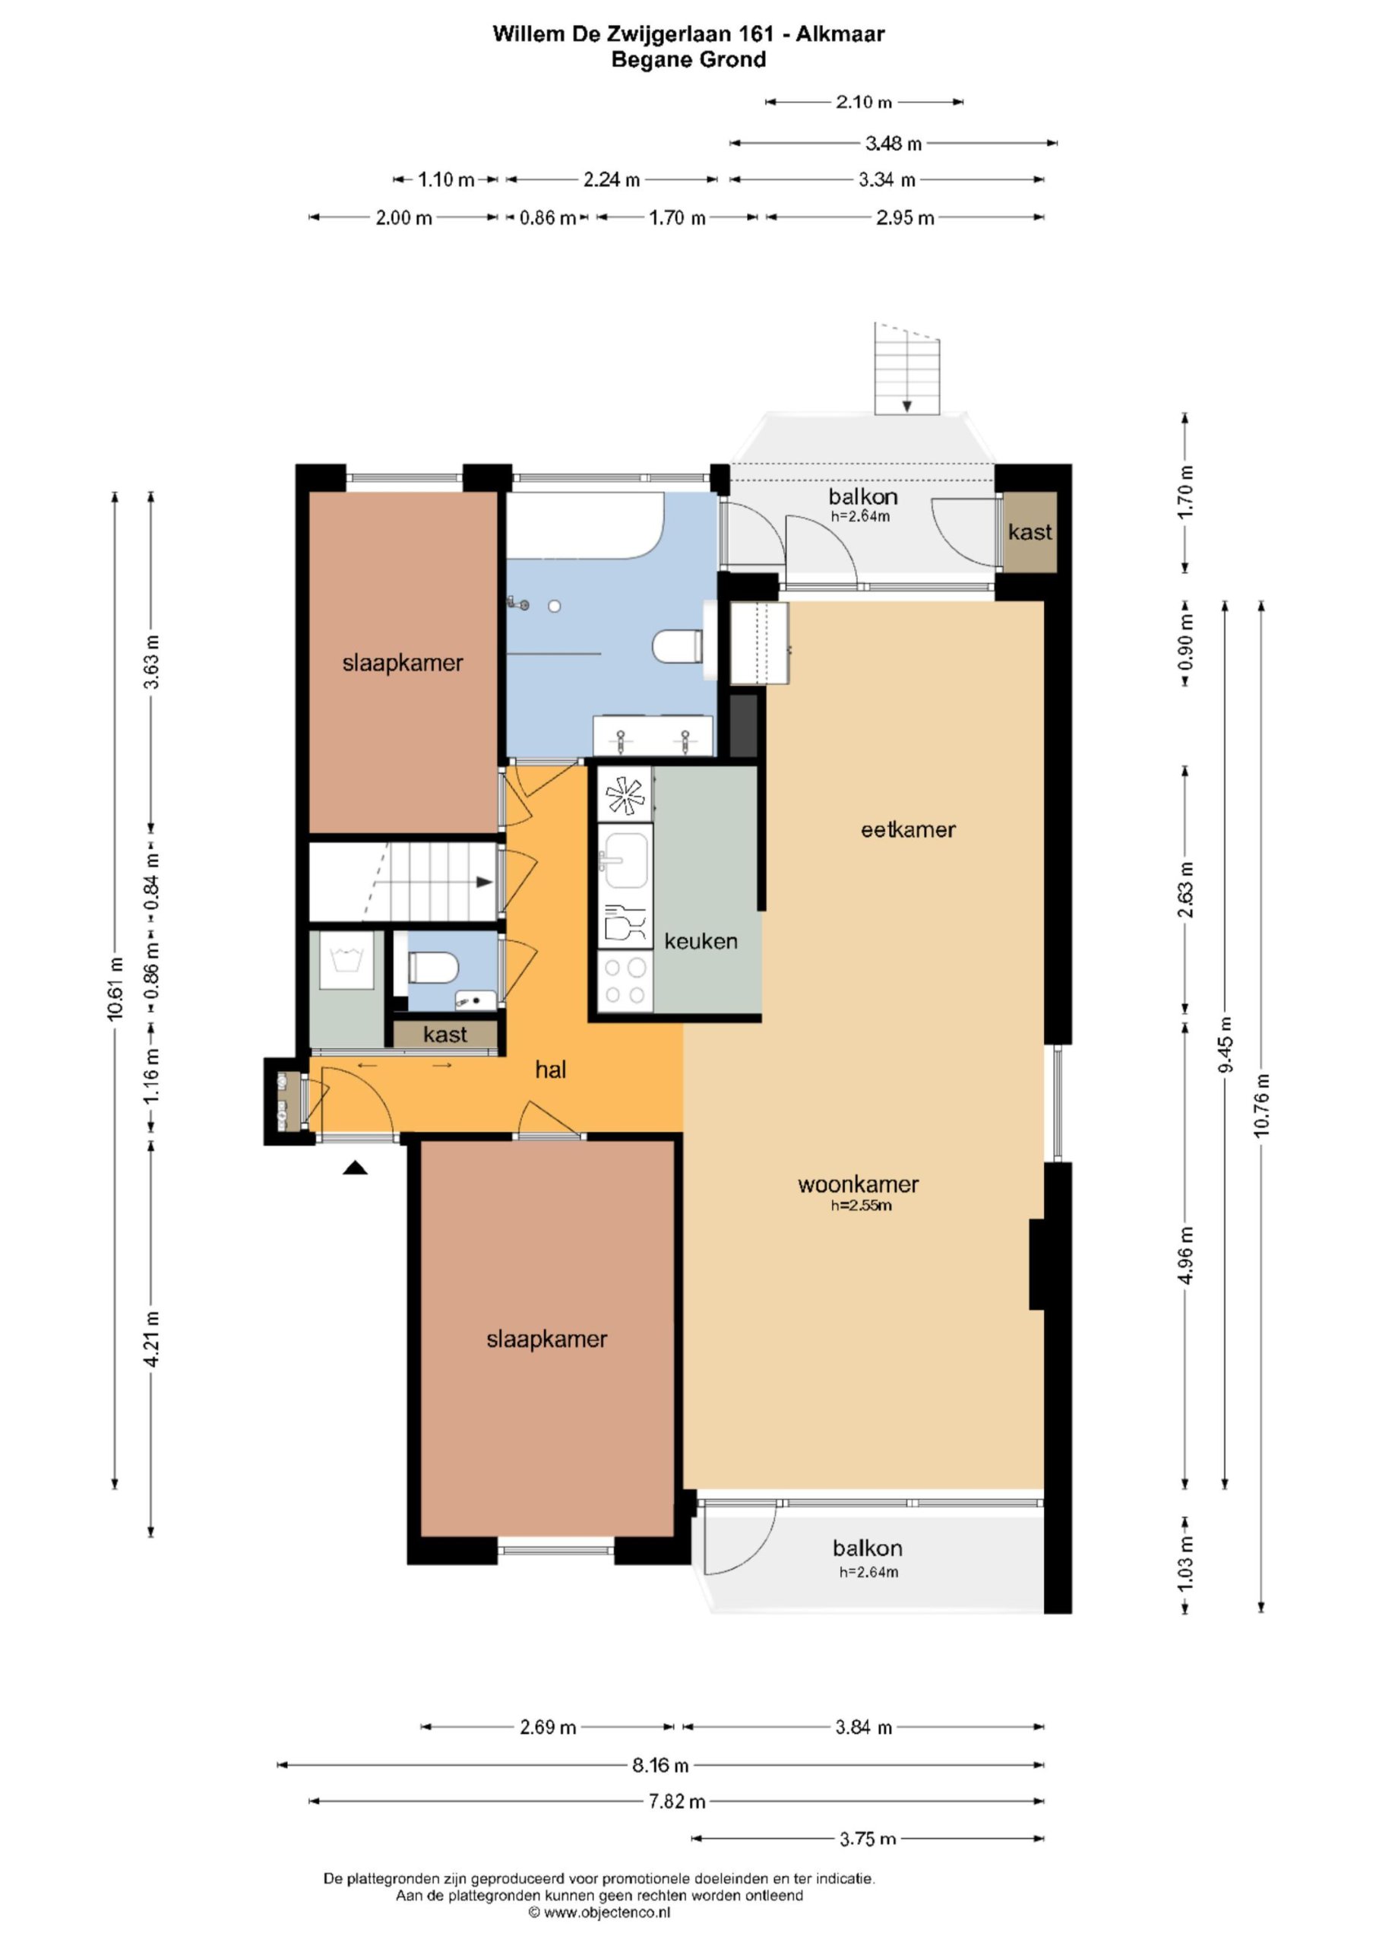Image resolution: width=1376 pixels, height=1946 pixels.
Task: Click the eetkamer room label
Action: click(907, 830)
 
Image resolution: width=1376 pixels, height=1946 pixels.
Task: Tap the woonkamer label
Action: click(859, 1184)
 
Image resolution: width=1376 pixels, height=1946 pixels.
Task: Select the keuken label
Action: click(701, 941)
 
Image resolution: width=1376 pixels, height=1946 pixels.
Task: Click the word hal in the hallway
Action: click(551, 1070)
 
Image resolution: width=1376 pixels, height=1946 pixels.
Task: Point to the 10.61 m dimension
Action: click(115, 988)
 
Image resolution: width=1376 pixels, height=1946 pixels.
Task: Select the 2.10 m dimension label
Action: click(863, 102)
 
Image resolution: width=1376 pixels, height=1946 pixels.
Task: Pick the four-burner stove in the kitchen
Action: click(625, 981)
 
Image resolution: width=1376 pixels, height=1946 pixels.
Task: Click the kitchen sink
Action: click(625, 857)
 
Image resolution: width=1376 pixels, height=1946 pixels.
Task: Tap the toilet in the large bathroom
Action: click(678, 647)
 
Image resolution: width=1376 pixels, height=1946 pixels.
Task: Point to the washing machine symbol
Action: click(346, 960)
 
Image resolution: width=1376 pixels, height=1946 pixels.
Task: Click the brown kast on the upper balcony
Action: click(1030, 532)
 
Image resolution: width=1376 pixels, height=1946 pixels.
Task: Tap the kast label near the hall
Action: click(444, 1035)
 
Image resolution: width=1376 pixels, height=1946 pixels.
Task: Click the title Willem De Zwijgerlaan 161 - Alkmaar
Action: click(689, 34)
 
